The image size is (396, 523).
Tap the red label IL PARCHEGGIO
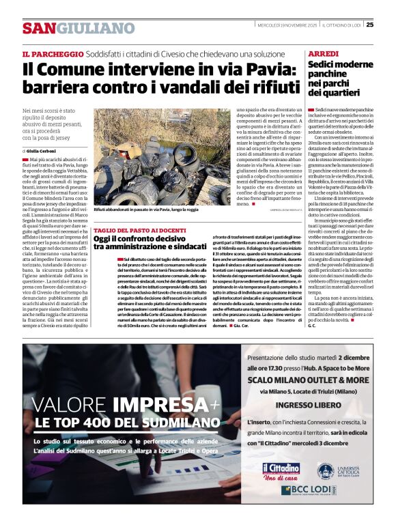click(x=49, y=54)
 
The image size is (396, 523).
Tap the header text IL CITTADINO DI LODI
click(x=343, y=25)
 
